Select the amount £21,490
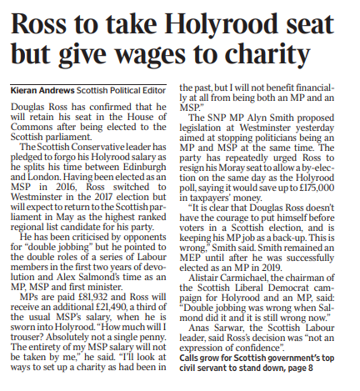point(105,310)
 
